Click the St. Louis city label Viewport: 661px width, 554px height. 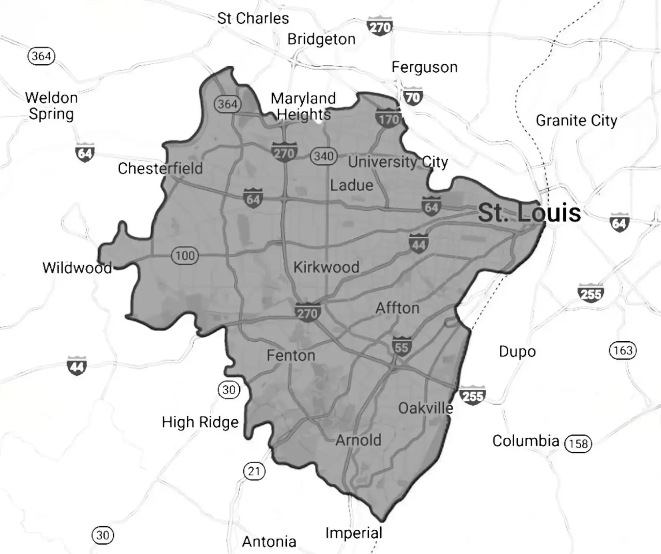point(529,213)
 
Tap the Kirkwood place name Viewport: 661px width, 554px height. point(326,267)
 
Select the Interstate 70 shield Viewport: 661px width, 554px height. point(412,96)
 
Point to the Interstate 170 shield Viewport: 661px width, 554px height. point(388,118)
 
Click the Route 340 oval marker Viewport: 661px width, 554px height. point(324,156)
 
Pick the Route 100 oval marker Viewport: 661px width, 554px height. point(185,255)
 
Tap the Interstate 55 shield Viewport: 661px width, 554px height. point(401,347)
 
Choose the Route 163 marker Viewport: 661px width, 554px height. point(623,351)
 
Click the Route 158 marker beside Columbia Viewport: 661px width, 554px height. point(578,443)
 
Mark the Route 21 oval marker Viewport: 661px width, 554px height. point(254,471)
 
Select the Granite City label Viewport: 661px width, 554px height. point(576,121)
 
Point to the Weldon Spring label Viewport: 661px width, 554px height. point(52,106)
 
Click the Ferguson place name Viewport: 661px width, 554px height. point(424,67)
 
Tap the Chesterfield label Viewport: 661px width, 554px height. point(160,168)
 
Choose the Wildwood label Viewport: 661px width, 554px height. point(77,268)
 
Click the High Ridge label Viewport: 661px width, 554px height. point(200,422)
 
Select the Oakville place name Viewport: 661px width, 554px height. point(425,408)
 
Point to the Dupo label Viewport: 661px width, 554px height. point(517,352)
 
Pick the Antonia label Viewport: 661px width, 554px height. point(269,541)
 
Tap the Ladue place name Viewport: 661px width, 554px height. point(352,185)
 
